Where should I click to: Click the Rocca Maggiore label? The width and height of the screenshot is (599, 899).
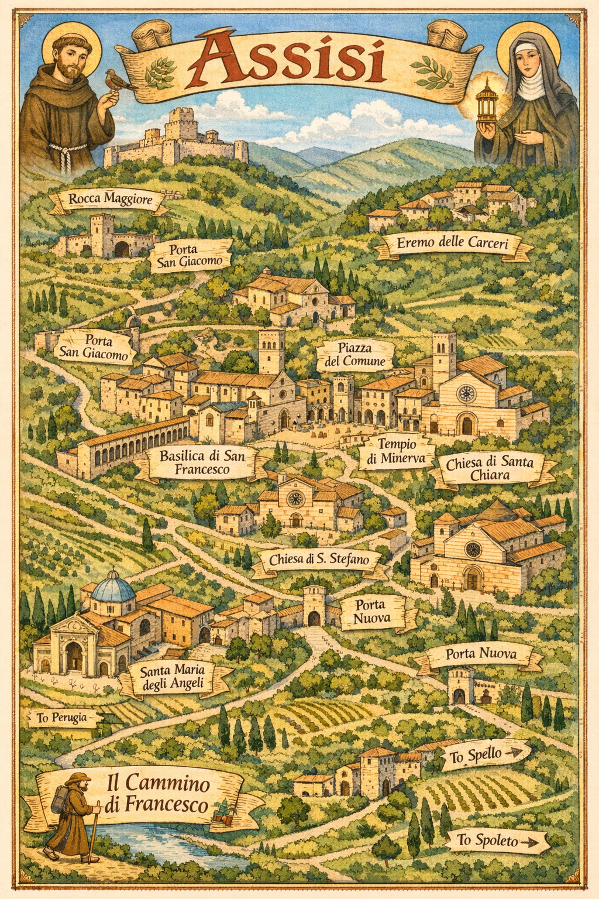pos(110,199)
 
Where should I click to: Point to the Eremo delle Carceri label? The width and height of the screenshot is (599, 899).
pos(452,243)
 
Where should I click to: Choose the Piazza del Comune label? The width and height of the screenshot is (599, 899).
pos(354,355)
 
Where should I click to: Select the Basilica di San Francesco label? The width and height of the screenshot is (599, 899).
pos(202,462)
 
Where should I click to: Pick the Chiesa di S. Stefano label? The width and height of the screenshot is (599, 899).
pos(319,560)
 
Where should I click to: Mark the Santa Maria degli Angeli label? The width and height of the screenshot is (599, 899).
pos(171,678)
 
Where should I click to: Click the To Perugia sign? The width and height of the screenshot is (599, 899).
pos(61,718)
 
